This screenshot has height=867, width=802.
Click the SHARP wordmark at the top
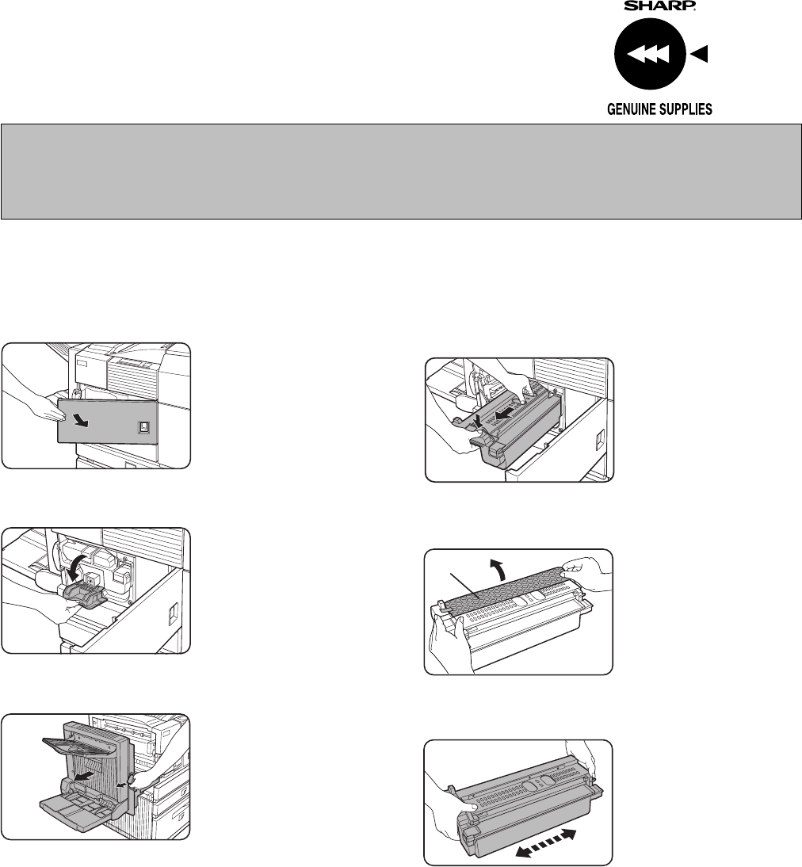(660, 5)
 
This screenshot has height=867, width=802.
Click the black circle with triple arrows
(650, 54)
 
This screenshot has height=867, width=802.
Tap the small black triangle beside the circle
(700, 54)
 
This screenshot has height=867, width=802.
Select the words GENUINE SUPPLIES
(660, 109)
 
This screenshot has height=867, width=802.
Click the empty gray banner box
(401, 171)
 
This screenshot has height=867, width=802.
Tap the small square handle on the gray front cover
(143, 427)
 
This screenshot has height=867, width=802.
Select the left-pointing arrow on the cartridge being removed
(502, 414)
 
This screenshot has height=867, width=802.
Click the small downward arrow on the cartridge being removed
(477, 422)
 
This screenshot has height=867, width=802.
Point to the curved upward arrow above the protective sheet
(497, 568)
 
